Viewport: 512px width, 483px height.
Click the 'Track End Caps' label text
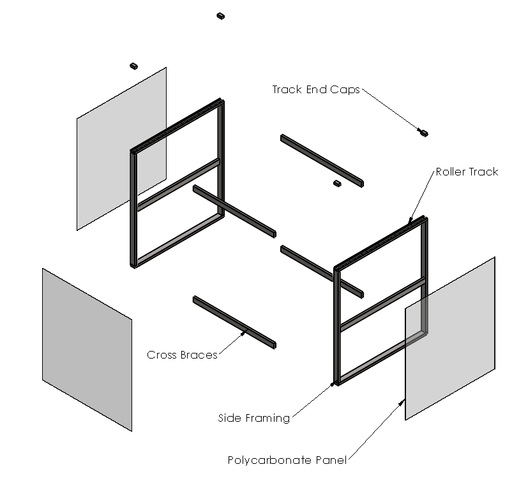(x=316, y=89)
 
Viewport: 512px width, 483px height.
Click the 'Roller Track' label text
(x=467, y=172)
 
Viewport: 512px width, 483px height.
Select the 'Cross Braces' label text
(x=182, y=355)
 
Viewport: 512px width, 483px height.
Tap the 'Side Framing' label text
(x=254, y=418)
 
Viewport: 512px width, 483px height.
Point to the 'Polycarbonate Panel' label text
(x=287, y=460)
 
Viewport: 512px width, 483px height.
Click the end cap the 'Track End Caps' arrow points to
(x=423, y=133)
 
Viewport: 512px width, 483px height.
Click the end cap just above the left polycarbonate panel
(x=134, y=65)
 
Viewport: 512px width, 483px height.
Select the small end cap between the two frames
(x=338, y=184)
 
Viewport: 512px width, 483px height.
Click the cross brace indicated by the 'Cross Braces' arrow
(x=234, y=322)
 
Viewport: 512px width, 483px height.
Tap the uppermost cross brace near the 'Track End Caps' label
(x=321, y=160)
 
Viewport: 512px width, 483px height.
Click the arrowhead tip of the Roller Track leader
(x=409, y=223)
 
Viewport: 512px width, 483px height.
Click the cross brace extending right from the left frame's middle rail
(x=234, y=211)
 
